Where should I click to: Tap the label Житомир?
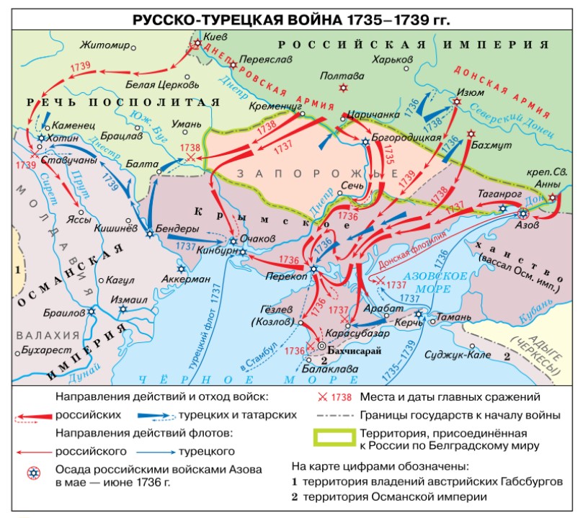click(x=105, y=45)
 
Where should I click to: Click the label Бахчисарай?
click(x=355, y=352)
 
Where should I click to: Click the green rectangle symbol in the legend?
click(x=334, y=436)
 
